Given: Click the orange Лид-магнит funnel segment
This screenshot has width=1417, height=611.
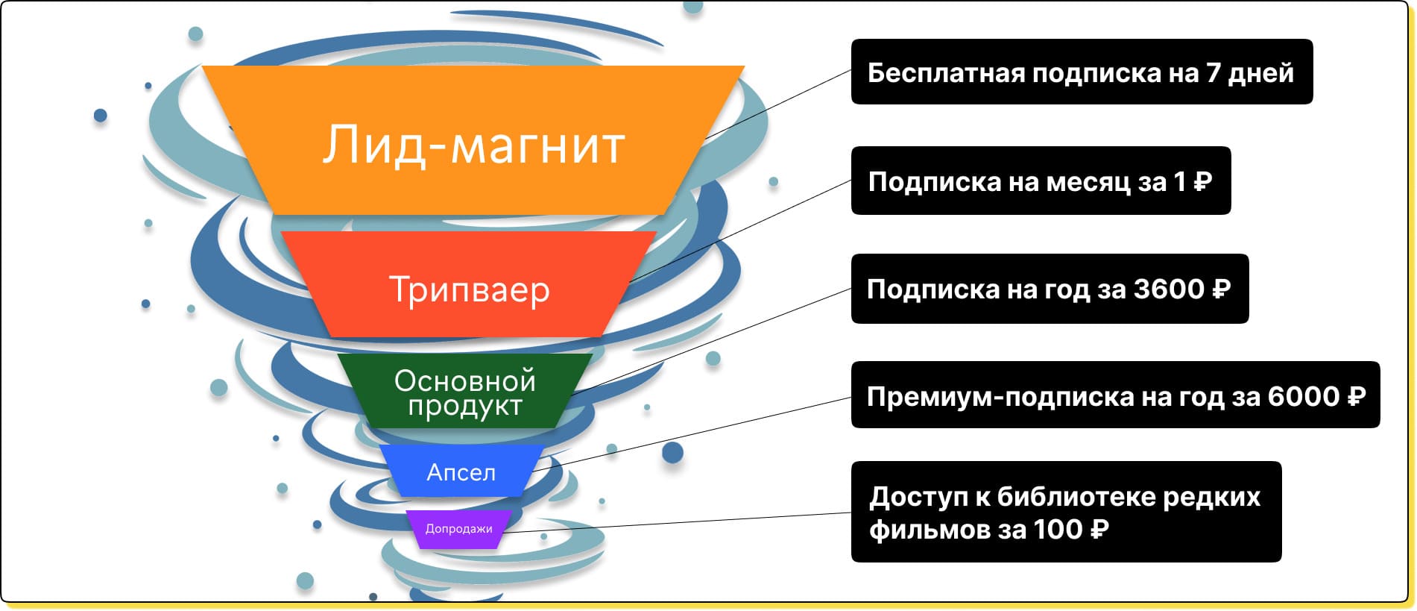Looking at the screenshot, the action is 473,140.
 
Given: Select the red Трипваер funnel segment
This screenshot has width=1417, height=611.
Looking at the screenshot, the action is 469,283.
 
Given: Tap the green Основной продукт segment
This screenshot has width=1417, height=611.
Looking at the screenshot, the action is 465,390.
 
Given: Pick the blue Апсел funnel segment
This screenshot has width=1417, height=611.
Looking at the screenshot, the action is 461,471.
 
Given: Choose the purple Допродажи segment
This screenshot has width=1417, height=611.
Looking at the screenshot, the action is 459,529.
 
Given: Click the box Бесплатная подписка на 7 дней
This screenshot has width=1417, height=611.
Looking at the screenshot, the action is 1082,72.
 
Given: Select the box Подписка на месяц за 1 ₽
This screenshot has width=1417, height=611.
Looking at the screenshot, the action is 1041,181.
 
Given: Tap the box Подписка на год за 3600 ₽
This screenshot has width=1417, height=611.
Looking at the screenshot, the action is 1050,289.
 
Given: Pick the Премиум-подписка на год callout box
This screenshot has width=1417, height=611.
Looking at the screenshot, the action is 1115,395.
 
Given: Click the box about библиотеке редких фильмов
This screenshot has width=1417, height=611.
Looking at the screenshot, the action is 1066,512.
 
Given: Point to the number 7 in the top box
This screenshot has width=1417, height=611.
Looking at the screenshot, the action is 1214,73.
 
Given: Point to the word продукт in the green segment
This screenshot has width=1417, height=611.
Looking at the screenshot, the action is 465,407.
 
